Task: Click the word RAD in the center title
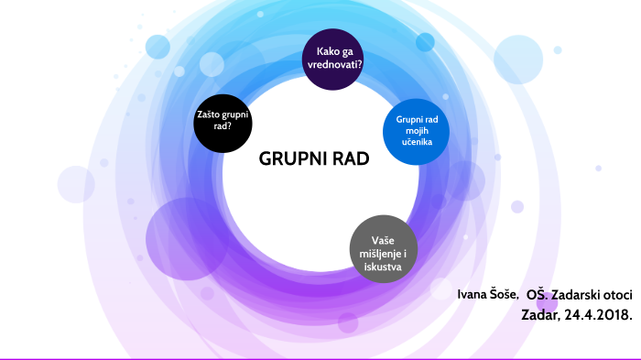coord(351,158)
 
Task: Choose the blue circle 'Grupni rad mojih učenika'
coord(417,131)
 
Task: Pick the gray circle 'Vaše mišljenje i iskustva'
coord(383,247)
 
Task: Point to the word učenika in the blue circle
coord(417,143)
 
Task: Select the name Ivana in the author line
coord(474,294)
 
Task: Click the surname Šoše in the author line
coord(505,294)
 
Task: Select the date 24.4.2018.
coord(598,313)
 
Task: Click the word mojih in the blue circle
coord(417,131)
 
